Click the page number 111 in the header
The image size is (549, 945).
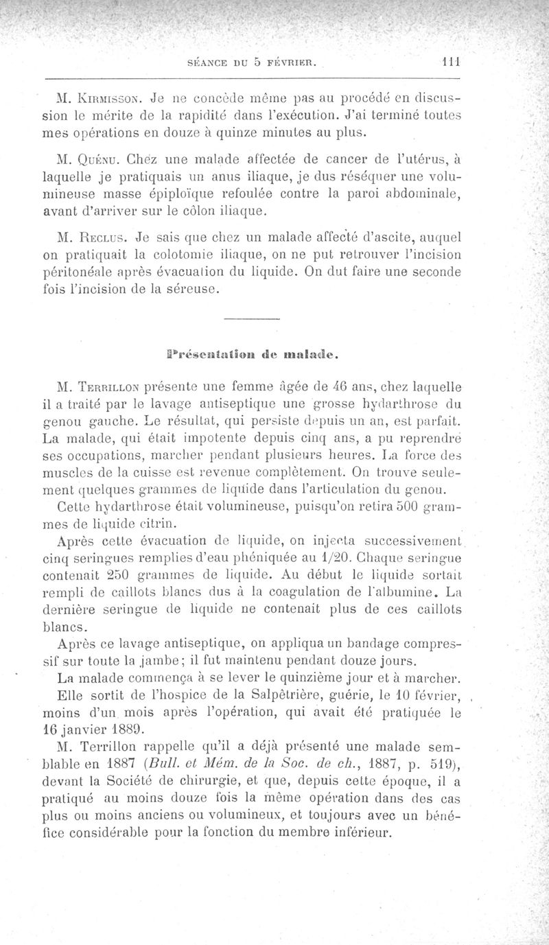[449, 60]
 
